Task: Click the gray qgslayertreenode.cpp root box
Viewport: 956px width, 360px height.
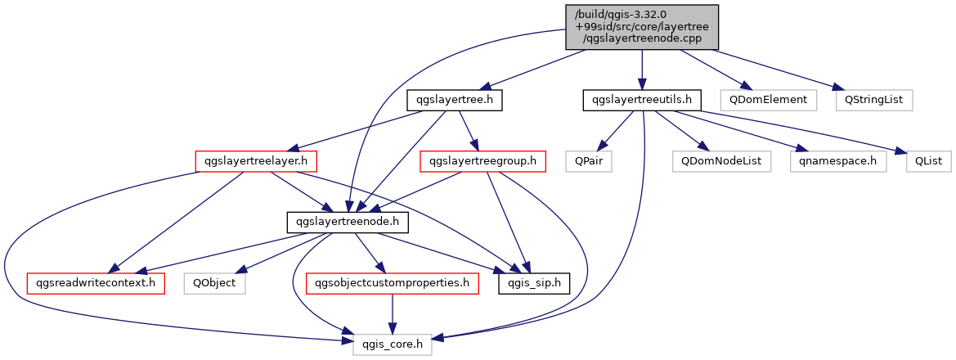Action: point(642,28)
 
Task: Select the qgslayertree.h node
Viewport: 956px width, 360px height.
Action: point(454,100)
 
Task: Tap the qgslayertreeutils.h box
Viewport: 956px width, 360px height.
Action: point(642,100)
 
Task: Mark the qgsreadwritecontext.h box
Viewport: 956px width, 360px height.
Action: point(96,285)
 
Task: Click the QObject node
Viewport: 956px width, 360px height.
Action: point(214,285)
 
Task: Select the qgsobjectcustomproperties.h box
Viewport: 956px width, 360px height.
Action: point(391,285)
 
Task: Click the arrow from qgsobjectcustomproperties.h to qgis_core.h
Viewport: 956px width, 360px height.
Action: point(392,315)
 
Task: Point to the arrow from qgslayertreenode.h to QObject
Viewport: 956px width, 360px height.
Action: point(281,254)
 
